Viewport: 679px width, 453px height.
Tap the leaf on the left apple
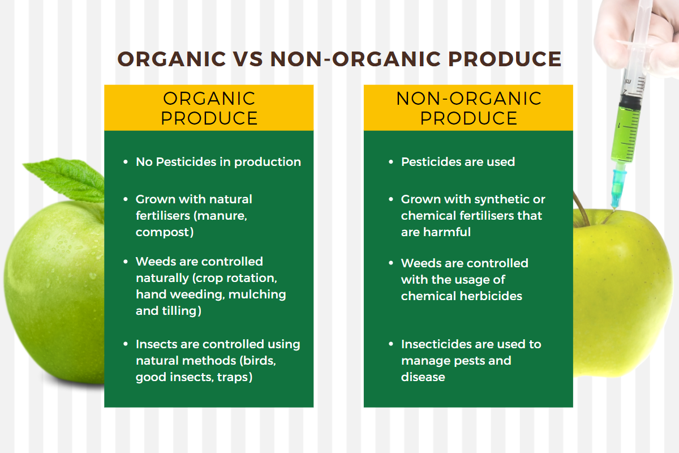point(65,180)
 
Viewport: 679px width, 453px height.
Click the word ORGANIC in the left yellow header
point(209,99)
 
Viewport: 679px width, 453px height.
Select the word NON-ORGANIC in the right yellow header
point(469,99)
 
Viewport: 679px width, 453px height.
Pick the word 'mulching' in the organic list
point(257,294)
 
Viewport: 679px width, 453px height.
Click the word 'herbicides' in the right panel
point(491,296)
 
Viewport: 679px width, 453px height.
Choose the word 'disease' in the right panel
point(423,377)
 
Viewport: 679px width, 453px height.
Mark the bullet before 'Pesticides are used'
point(391,162)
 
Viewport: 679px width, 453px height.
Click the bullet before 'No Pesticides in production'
point(126,162)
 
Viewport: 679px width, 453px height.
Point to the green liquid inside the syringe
point(626,133)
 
